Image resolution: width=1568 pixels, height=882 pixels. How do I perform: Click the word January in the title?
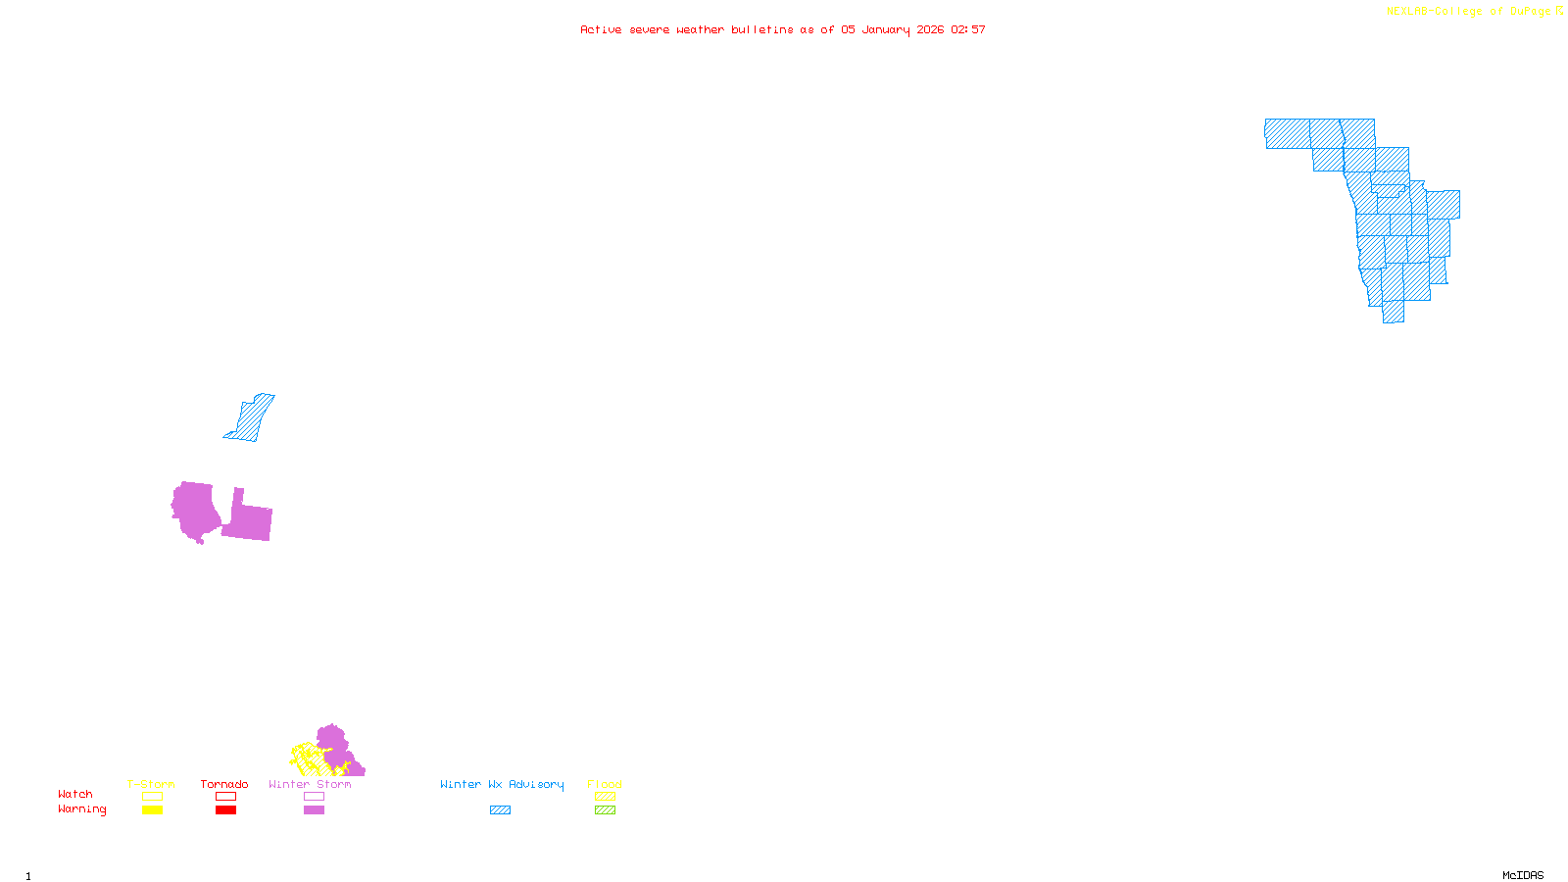pos(886,29)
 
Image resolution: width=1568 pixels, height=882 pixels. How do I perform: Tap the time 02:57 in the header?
pos(968,29)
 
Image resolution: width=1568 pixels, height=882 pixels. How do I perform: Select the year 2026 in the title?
pos(930,29)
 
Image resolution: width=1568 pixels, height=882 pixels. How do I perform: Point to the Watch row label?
pos(75,794)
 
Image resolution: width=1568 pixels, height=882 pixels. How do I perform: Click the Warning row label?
pos(81,809)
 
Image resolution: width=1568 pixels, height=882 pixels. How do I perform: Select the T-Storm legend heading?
pos(151,784)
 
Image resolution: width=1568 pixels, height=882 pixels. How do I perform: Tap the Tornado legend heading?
pos(224,784)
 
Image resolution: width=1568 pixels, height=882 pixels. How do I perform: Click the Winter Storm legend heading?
pos(310,784)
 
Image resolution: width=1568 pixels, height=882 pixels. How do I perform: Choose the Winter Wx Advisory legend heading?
pos(502,784)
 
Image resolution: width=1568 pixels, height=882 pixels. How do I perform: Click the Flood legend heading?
pos(605,784)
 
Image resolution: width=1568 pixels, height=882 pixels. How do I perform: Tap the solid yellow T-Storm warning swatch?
pos(152,810)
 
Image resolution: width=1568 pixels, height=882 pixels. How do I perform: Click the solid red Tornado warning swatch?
pos(226,810)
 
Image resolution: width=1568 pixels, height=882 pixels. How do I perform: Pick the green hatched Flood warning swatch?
pos(606,810)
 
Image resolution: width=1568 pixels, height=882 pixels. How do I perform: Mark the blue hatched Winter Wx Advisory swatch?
pos(500,810)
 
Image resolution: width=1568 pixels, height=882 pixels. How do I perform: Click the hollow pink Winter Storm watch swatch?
pos(314,797)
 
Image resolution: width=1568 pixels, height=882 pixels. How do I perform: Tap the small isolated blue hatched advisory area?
pos(251,418)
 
